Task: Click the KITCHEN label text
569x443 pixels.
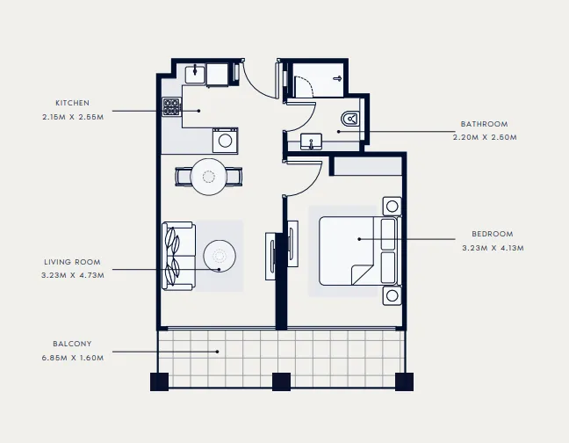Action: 72,103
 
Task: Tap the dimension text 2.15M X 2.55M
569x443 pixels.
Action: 72,116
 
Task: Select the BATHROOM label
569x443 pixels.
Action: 484,124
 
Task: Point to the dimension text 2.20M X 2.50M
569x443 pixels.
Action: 484,137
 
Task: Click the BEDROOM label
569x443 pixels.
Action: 492,235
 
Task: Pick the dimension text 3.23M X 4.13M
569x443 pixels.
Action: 492,248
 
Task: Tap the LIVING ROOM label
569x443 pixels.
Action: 72,262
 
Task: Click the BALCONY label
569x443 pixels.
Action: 72,344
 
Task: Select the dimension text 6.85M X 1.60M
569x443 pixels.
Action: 72,357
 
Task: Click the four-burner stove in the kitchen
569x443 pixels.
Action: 171,107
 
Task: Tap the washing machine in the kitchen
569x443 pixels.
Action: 225,139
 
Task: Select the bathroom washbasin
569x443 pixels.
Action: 312,141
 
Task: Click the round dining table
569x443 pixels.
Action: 209,177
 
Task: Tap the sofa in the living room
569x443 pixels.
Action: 176,255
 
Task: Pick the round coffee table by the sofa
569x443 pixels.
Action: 220,257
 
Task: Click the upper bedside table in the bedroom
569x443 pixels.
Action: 391,207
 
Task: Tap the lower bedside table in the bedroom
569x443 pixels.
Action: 391,295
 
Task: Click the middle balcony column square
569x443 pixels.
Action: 281,381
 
